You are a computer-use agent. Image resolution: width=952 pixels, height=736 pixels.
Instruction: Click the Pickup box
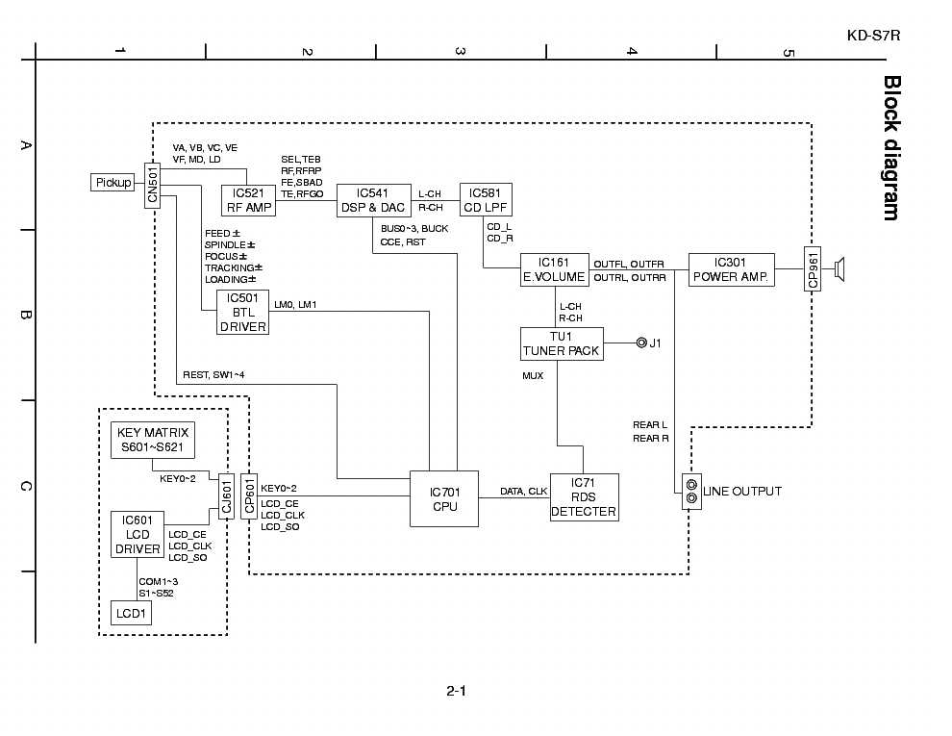tap(113, 182)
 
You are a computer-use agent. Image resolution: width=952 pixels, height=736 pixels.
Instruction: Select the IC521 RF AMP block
tap(248, 200)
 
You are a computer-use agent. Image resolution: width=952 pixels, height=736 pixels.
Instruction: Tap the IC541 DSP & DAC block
tap(373, 200)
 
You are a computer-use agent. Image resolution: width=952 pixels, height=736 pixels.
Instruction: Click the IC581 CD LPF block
tap(486, 200)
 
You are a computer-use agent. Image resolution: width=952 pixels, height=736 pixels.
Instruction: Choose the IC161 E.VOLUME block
tap(554, 269)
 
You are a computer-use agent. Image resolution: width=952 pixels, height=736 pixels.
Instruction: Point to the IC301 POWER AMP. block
tap(731, 269)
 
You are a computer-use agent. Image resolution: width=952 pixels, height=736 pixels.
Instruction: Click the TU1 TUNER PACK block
tap(562, 343)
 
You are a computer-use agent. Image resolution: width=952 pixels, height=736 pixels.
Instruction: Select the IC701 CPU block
tap(443, 499)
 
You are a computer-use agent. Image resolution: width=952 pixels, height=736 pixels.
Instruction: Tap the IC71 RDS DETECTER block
tap(584, 497)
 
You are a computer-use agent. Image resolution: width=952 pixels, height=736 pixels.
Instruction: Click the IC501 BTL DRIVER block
tap(242, 312)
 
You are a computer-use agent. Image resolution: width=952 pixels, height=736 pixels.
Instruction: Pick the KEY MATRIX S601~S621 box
tap(152, 440)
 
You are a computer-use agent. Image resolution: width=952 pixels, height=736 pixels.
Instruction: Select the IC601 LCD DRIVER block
tap(137, 535)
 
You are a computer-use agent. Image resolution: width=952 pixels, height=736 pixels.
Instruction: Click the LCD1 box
tap(131, 613)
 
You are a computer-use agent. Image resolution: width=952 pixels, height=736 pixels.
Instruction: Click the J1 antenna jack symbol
tap(640, 343)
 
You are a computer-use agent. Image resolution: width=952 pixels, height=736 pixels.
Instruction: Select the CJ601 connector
tap(227, 496)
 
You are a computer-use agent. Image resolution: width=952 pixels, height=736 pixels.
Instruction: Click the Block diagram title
tap(891, 148)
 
